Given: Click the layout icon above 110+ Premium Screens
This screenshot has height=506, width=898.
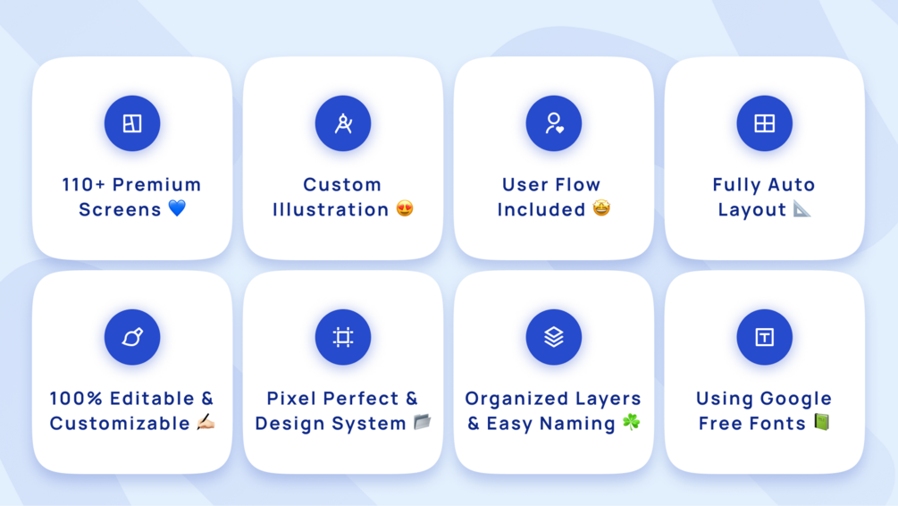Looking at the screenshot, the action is tap(132, 123).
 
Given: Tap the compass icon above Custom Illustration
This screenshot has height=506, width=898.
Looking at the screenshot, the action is tap(343, 123).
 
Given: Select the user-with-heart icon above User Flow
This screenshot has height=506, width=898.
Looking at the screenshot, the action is tap(554, 123).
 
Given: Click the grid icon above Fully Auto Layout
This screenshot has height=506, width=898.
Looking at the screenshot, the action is tap(765, 123).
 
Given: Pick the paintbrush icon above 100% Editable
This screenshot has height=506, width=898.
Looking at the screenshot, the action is tap(132, 337).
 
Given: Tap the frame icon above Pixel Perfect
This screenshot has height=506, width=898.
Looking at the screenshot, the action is tap(343, 337).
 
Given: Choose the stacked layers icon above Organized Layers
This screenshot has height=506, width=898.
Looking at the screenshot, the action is tap(554, 337).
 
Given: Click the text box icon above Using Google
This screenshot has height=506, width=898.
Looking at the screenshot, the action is tap(765, 337).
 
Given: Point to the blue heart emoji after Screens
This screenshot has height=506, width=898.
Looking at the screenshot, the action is tap(178, 208).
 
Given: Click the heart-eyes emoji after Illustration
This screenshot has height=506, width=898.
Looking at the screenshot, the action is tap(405, 208).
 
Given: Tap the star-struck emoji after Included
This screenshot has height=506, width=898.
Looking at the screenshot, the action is tap(601, 208).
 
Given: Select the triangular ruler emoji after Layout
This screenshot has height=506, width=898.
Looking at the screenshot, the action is tap(801, 209).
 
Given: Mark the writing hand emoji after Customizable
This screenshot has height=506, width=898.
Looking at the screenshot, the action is tap(206, 422).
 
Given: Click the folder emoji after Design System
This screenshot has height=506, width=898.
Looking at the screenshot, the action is tap(423, 422).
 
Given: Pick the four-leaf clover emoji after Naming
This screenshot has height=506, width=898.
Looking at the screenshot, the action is tap(631, 422).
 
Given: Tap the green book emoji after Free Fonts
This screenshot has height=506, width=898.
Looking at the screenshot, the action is tap(822, 422).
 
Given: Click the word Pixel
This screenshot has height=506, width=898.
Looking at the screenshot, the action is tap(292, 398).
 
